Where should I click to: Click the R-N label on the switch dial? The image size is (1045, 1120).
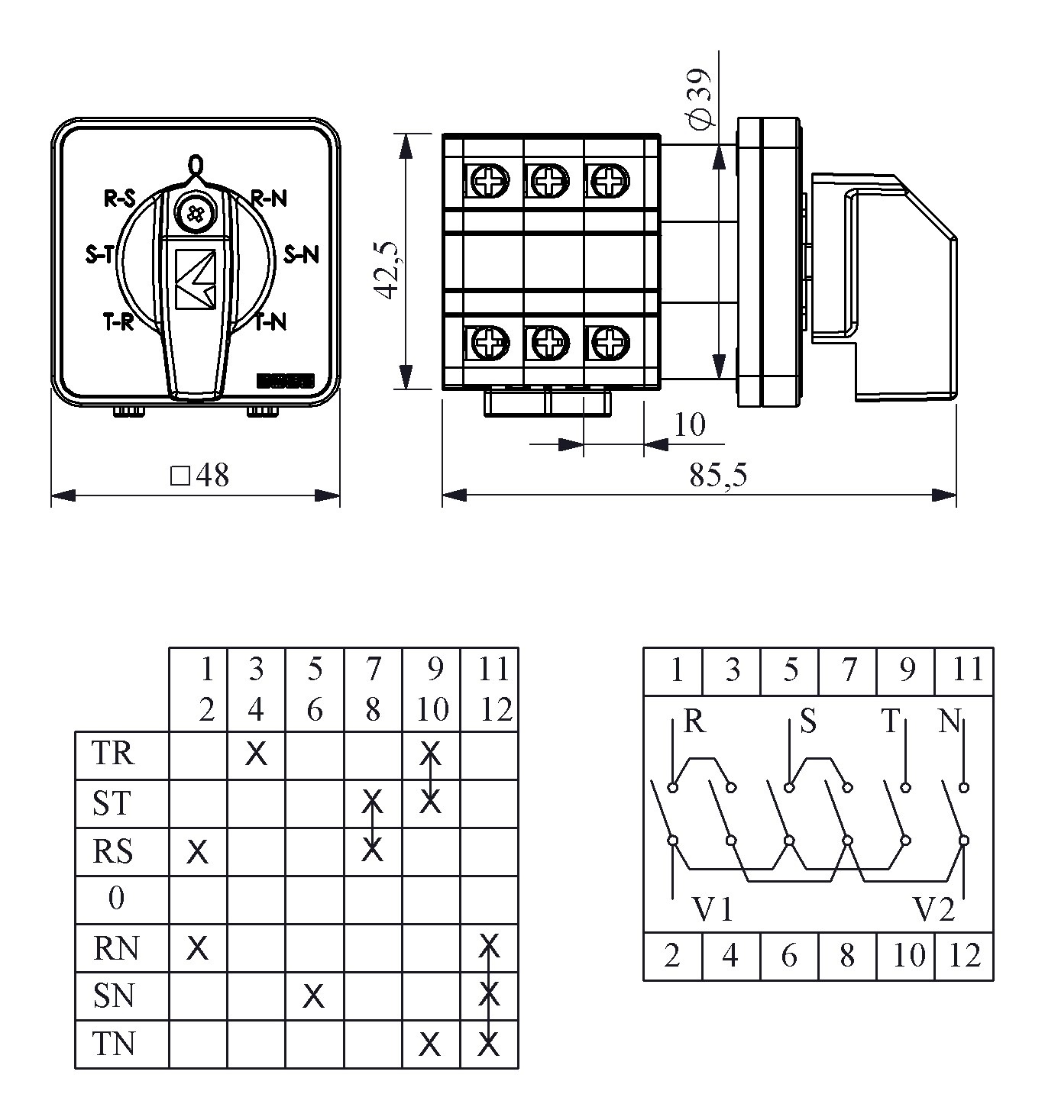(x=269, y=199)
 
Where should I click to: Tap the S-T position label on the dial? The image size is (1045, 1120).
(x=99, y=255)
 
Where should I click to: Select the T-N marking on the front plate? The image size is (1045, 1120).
(x=270, y=322)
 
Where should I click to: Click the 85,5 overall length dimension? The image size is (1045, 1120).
(x=718, y=475)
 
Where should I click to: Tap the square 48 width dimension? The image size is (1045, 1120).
(x=200, y=476)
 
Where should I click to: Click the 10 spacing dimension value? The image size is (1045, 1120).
(x=690, y=424)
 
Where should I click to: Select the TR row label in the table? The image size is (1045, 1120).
(x=112, y=754)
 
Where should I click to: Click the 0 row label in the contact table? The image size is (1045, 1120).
(x=115, y=898)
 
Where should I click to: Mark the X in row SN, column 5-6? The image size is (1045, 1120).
(x=313, y=996)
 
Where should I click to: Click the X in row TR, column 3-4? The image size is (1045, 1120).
(x=256, y=754)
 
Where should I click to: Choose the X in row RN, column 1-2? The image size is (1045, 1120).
(x=197, y=948)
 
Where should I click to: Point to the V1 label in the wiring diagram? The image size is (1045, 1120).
(x=713, y=909)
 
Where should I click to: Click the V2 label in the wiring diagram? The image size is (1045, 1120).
(x=933, y=909)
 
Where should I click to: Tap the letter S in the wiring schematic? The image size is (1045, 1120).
(x=807, y=721)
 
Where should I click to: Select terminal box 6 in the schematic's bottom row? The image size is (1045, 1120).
(x=789, y=955)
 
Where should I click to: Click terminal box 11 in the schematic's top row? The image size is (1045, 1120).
(x=966, y=670)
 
